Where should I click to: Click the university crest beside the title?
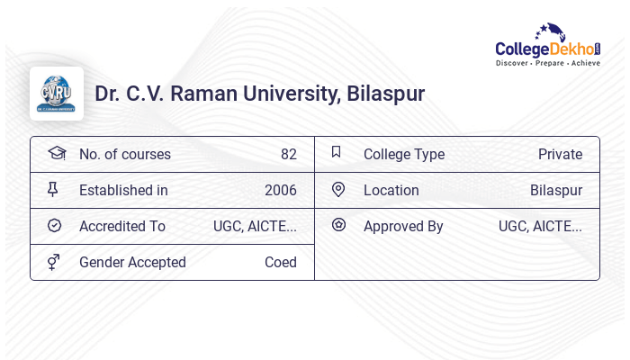point(57,94)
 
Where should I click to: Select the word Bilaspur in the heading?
point(386,94)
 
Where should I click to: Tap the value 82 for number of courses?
point(288,154)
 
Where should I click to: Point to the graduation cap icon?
point(57,153)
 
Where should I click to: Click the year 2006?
point(280,190)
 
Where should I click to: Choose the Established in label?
point(123,190)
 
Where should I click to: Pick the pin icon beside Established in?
point(54,190)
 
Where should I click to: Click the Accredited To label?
point(122,226)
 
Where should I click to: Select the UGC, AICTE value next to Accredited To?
point(255,226)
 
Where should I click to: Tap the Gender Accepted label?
point(132,262)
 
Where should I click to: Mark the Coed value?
point(280,262)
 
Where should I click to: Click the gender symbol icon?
point(54,262)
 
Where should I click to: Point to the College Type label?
point(404,154)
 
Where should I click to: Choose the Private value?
point(560,154)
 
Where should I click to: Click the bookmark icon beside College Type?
point(337,152)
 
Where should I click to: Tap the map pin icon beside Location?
point(338,190)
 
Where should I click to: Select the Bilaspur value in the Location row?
point(555,190)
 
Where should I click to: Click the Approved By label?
point(403,226)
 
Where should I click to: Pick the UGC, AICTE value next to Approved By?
point(540,226)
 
